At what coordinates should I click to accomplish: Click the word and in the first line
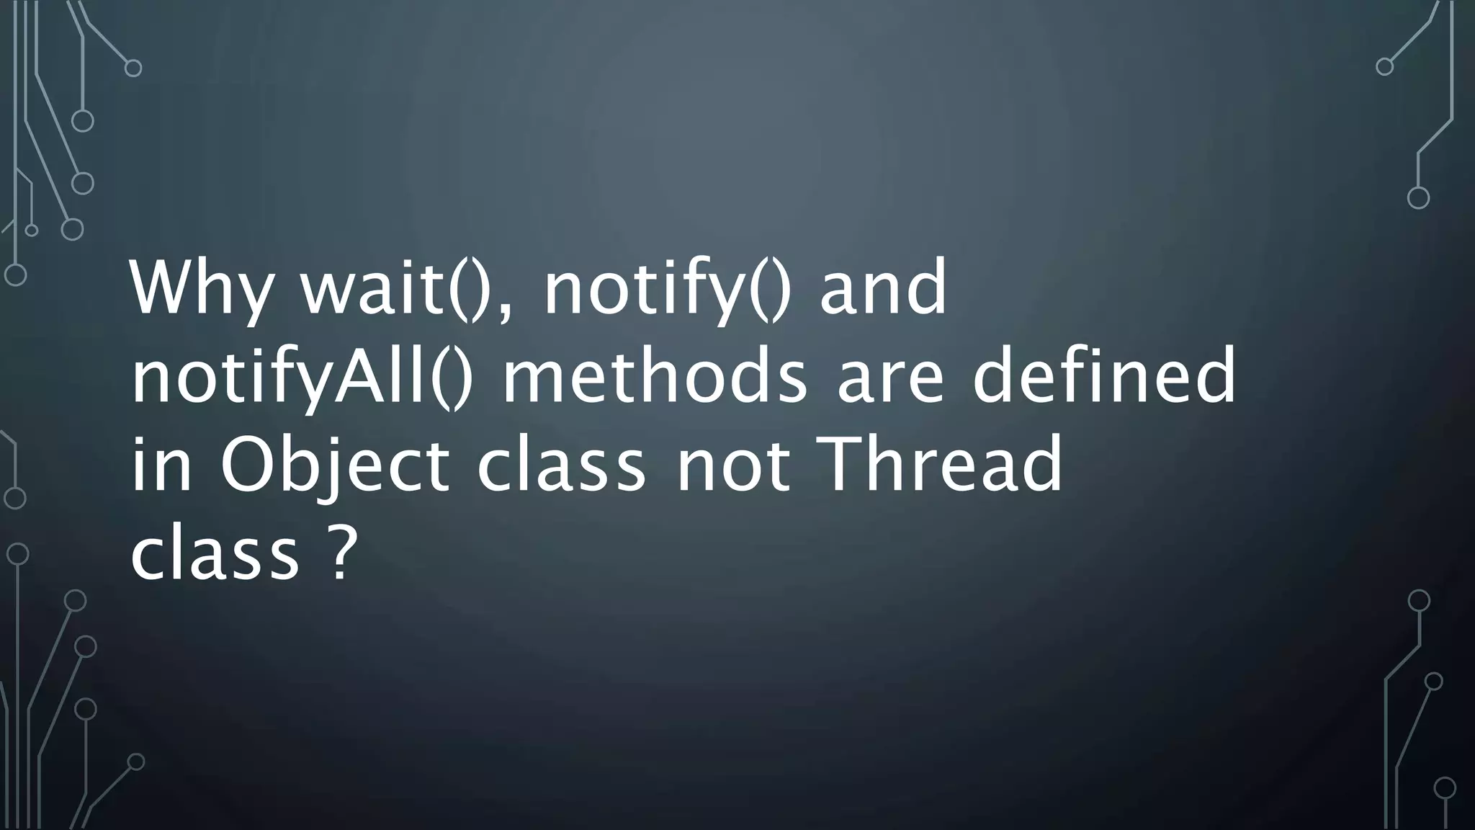(883, 288)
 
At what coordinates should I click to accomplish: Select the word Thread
(940, 465)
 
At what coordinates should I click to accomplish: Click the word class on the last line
(215, 555)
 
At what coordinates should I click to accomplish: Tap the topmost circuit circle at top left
(133, 68)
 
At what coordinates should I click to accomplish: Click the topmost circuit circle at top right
(1384, 67)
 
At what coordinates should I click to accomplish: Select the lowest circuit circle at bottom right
(1445, 788)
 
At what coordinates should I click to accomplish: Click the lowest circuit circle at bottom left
(135, 762)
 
